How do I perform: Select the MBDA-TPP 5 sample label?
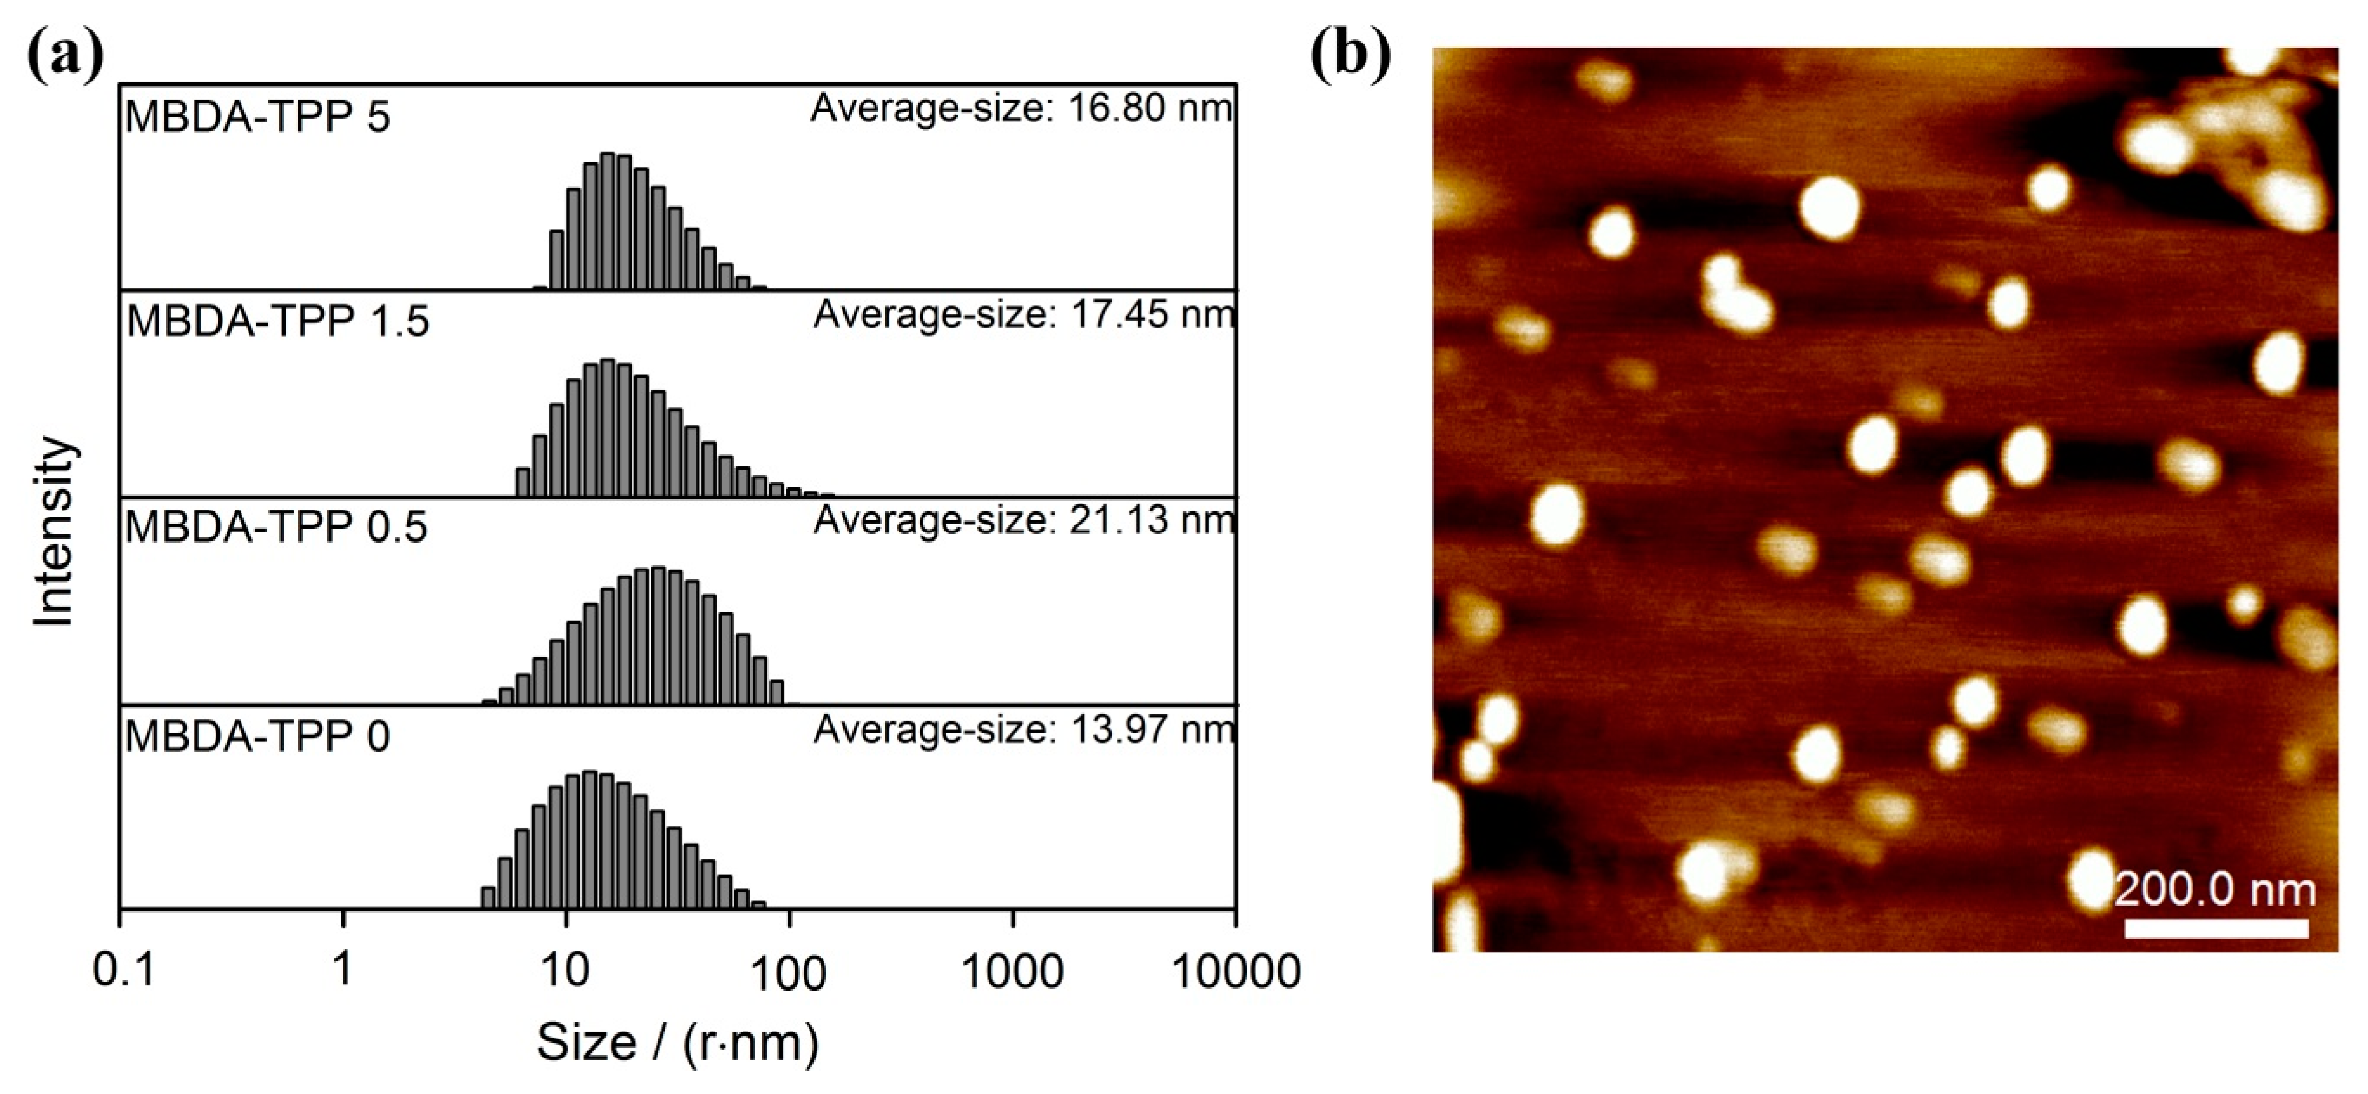(x=258, y=117)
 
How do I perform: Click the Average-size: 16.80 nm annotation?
(x=1021, y=109)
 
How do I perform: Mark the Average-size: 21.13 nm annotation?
(x=1023, y=520)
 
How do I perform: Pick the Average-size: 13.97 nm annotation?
(x=1023, y=730)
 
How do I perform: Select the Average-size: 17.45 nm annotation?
(x=1023, y=314)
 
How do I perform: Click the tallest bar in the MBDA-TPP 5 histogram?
(x=607, y=221)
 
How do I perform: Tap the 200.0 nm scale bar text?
(x=2214, y=890)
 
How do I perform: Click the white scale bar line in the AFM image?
(x=2216, y=928)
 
